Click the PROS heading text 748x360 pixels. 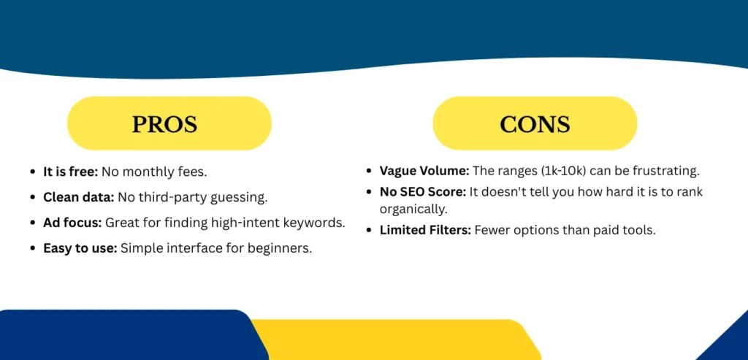(164, 124)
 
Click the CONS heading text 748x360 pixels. (534, 124)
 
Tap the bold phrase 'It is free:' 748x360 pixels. (70, 172)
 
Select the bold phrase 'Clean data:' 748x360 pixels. (78, 197)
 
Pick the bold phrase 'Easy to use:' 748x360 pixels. (80, 248)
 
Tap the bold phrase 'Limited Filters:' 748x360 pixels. (425, 229)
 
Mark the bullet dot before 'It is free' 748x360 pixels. (33, 172)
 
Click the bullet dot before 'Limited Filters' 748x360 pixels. (370, 229)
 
